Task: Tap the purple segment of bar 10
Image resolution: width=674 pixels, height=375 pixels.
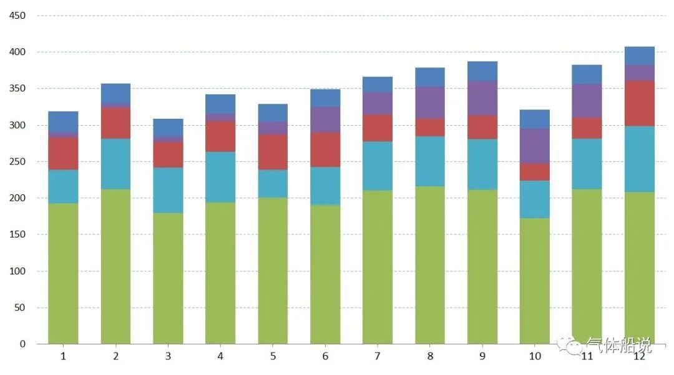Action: click(x=535, y=146)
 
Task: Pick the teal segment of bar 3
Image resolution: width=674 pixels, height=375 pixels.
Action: click(x=168, y=190)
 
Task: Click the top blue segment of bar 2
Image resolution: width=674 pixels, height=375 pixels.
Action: click(x=115, y=93)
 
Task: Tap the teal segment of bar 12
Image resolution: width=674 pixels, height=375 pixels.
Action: click(x=640, y=159)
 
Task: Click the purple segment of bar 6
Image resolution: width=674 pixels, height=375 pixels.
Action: click(x=325, y=119)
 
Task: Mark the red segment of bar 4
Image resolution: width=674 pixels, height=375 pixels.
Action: click(x=220, y=136)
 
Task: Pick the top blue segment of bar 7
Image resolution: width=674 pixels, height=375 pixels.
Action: click(x=378, y=84)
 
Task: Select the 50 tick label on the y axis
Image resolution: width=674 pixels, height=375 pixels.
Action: click(x=21, y=307)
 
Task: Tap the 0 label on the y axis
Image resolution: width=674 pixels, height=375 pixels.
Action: click(x=23, y=344)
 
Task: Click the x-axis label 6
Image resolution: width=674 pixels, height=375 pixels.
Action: click(x=325, y=356)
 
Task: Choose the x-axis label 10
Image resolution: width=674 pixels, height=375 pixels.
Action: click(x=535, y=356)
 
